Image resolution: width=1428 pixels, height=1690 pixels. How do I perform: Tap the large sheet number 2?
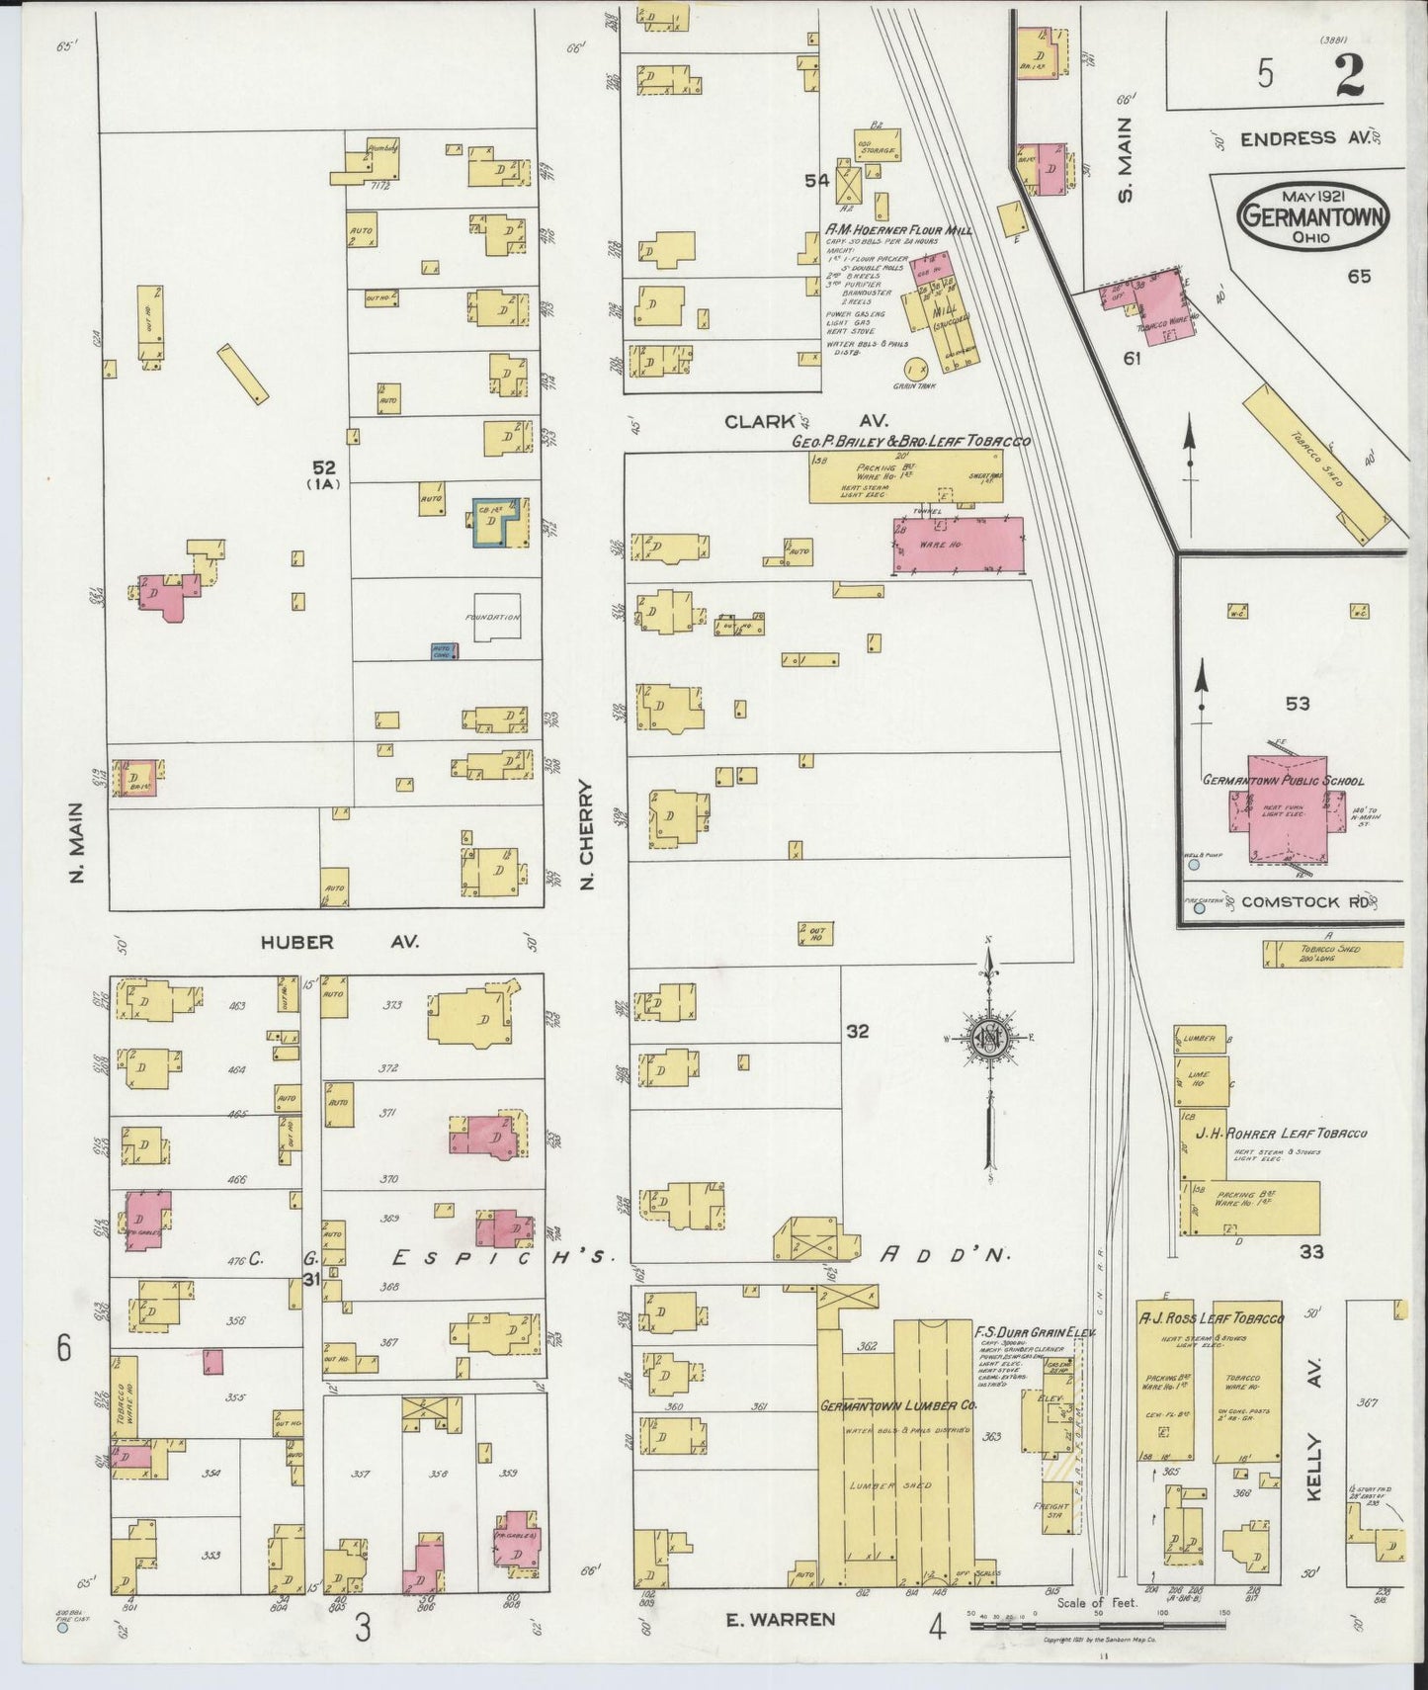(x=1350, y=76)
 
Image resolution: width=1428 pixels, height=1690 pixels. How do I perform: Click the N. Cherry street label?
(x=586, y=835)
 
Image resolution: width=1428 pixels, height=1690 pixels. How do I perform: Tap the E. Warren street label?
(x=781, y=1619)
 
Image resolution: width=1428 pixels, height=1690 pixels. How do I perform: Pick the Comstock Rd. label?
(x=1303, y=902)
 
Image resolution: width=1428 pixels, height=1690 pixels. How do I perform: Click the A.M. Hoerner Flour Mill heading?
(x=898, y=230)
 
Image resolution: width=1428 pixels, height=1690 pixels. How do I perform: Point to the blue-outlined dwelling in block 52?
(x=500, y=522)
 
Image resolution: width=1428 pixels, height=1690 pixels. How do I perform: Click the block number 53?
(x=1298, y=704)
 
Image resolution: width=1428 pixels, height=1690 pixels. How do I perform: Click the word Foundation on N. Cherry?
(x=492, y=618)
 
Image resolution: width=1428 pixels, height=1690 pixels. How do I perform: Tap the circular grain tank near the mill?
(x=914, y=367)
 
